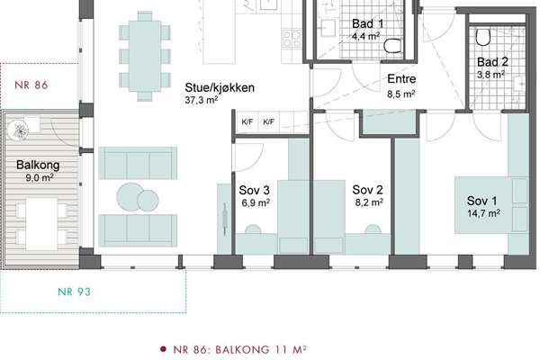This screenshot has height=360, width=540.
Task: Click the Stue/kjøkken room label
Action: (x=220, y=88)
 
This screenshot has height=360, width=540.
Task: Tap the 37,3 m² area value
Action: (x=201, y=100)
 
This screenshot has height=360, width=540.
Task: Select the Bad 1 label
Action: (x=367, y=23)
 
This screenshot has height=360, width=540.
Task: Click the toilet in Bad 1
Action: (x=393, y=46)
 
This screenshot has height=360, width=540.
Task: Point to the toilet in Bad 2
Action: (x=483, y=37)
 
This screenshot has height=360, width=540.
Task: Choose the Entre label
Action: (x=401, y=79)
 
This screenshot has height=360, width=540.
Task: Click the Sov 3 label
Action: (x=254, y=190)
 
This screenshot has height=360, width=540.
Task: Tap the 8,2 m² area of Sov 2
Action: (x=369, y=202)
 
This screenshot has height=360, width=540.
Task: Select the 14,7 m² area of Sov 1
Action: (x=483, y=213)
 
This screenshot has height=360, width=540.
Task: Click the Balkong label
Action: (x=38, y=165)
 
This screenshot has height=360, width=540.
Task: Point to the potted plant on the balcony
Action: (x=18, y=130)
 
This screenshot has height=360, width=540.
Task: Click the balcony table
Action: (x=41, y=224)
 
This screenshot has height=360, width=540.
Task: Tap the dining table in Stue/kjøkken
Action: (x=145, y=56)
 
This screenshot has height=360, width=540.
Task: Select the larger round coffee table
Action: (x=130, y=196)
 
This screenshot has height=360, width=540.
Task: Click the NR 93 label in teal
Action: (x=74, y=292)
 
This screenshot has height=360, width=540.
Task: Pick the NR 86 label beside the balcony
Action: (x=31, y=85)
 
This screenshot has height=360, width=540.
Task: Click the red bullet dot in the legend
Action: (x=163, y=349)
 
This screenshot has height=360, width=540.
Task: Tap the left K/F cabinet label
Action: (x=247, y=121)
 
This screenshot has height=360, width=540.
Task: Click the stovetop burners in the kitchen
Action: (x=292, y=38)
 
